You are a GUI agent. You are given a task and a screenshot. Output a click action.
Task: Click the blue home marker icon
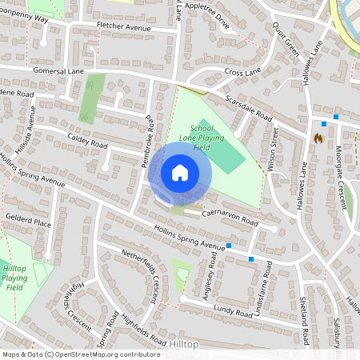(180, 172)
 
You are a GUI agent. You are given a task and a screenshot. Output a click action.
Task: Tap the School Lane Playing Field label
(201, 138)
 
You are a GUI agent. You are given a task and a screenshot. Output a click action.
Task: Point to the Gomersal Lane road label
(58, 71)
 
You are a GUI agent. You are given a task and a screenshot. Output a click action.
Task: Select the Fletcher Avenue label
(124, 28)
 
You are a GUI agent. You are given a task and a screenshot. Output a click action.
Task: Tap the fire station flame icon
(318, 138)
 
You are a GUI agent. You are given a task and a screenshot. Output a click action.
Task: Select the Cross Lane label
(243, 73)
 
